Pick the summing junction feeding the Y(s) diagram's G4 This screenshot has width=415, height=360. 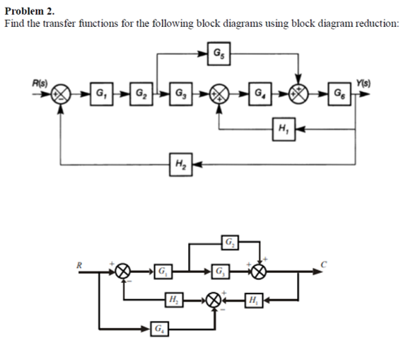coord(221,93)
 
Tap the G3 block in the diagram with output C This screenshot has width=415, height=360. coord(221,271)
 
